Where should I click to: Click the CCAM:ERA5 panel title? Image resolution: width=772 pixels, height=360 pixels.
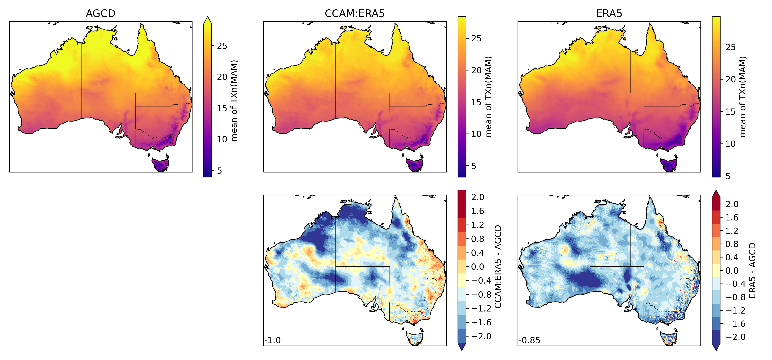click(x=355, y=14)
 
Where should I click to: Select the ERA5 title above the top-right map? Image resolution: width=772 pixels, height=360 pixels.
click(x=609, y=14)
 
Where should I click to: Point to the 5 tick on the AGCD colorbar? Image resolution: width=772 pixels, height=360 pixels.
click(x=219, y=171)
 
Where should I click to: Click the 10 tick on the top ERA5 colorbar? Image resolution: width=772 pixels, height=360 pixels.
click(x=730, y=144)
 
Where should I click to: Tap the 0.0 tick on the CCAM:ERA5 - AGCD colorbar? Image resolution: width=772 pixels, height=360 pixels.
click(x=477, y=267)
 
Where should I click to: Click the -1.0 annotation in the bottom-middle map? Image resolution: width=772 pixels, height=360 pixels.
click(x=273, y=340)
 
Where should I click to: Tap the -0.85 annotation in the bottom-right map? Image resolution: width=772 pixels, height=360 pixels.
click(x=530, y=340)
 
